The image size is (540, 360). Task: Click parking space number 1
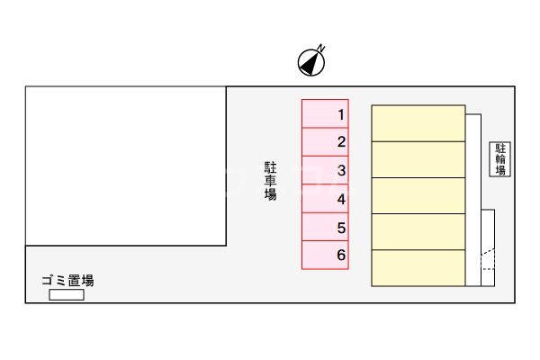(324, 114)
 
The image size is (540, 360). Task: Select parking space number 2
(324, 142)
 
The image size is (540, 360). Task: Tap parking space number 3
(324, 170)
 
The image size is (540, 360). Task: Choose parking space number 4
(324, 199)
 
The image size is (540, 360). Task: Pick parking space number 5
(324, 227)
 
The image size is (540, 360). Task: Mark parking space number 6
(324, 255)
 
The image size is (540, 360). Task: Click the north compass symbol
(311, 61)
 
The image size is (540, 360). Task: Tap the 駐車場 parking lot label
(270, 180)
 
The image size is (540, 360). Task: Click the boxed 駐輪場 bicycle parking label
(500, 158)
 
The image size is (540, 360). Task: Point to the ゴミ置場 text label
(68, 280)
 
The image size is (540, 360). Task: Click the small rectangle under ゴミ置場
(67, 294)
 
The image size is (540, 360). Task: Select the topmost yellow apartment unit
(418, 123)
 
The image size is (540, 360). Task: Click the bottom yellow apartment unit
(418, 268)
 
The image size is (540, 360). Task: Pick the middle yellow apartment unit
(418, 195)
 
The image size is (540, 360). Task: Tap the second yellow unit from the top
(418, 159)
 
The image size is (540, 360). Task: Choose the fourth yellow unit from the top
(418, 231)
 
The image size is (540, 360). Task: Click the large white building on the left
(125, 166)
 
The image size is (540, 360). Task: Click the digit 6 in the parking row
(341, 255)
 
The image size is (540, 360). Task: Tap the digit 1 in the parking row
(341, 114)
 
